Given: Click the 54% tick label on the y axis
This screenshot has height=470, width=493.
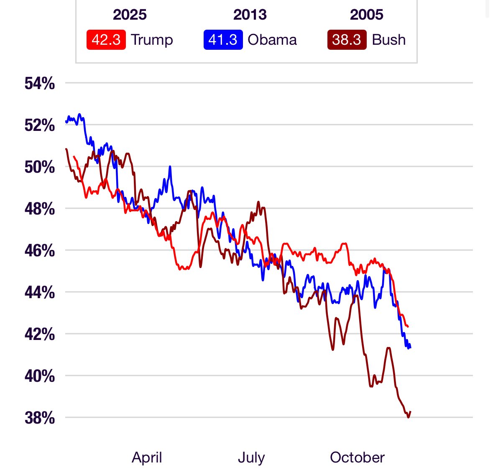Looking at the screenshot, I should pyautogui.click(x=40, y=84).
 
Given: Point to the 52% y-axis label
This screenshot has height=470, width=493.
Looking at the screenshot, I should pyautogui.click(x=40, y=125).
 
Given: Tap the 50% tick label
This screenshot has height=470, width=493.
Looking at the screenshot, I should pyautogui.click(x=40, y=167).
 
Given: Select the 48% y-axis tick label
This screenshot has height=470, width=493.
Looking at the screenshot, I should pyautogui.click(x=40, y=209).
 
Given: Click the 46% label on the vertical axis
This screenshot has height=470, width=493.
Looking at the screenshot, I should pyautogui.click(x=40, y=251).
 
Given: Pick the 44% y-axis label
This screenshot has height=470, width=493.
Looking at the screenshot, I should pyautogui.click(x=40, y=292).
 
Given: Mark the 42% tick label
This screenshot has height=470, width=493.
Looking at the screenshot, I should pyautogui.click(x=40, y=334).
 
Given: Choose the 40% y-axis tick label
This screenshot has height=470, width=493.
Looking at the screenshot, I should pyautogui.click(x=40, y=376).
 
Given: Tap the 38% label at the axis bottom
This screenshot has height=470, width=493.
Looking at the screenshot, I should pyautogui.click(x=40, y=418).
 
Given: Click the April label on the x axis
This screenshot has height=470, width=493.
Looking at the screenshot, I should pyautogui.click(x=147, y=457).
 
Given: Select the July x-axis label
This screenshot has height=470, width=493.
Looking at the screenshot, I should pyautogui.click(x=251, y=457).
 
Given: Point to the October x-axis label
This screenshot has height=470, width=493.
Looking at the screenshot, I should pyautogui.click(x=357, y=457).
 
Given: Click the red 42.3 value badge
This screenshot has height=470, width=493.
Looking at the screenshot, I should pyautogui.click(x=106, y=40).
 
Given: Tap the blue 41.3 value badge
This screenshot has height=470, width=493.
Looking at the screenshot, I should pyautogui.click(x=223, y=40).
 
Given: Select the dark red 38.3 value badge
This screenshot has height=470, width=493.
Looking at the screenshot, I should pyautogui.click(x=347, y=40).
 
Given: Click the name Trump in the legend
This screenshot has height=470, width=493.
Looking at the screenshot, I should pyautogui.click(x=152, y=40).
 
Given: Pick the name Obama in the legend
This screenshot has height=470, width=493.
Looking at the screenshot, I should pyautogui.click(x=272, y=40).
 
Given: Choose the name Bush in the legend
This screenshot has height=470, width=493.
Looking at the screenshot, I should pyautogui.click(x=389, y=40).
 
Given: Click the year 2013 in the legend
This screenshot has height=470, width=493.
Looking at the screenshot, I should pyautogui.click(x=250, y=15).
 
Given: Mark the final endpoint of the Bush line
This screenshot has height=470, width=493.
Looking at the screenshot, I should pyautogui.click(x=411, y=412).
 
